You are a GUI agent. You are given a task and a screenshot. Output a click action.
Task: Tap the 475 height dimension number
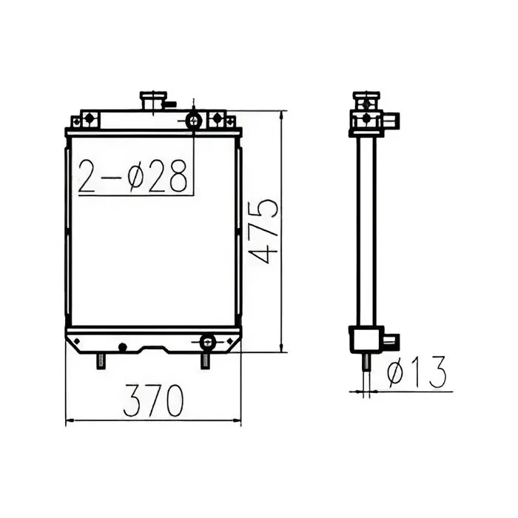(x=265, y=231)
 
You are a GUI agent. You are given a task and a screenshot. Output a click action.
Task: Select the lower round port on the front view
(x=207, y=341)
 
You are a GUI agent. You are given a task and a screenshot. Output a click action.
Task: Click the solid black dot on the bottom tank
(x=123, y=346)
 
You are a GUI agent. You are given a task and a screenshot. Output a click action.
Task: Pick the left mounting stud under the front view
(x=101, y=361)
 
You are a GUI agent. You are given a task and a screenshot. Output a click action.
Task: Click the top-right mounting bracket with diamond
(x=218, y=118)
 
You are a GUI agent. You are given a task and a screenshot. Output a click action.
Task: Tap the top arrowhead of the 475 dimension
(x=281, y=115)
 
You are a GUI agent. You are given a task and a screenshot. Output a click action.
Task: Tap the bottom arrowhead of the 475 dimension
(x=281, y=349)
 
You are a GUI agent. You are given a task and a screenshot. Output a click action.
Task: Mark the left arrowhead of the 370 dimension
(x=70, y=422)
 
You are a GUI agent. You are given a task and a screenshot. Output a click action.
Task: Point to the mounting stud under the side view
(x=366, y=361)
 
